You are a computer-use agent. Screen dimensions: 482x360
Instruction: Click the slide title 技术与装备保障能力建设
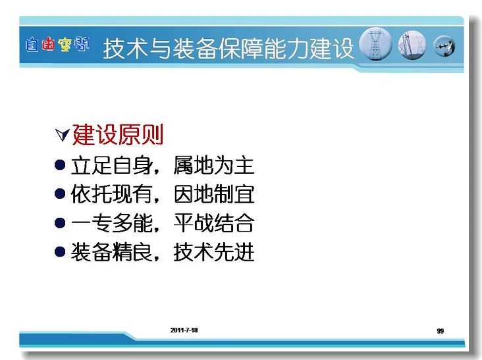228,49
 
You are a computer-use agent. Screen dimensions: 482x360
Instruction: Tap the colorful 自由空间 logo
57,45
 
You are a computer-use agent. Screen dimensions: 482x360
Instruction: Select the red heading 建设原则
118,134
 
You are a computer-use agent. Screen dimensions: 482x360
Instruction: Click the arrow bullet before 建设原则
63,134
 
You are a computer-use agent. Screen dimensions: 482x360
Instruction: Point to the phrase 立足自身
112,165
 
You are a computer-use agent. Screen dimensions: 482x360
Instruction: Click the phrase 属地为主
214,165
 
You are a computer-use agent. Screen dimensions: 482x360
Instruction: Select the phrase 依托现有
112,194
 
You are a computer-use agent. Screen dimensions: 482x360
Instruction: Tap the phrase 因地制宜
214,194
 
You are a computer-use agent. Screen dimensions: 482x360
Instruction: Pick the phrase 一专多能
112,222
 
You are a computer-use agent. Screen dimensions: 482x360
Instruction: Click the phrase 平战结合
214,222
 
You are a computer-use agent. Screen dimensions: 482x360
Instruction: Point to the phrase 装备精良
112,251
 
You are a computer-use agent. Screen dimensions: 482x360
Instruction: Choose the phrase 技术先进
214,251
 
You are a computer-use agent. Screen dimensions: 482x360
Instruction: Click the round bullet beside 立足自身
60,165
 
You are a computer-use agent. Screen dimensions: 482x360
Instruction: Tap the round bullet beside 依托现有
60,194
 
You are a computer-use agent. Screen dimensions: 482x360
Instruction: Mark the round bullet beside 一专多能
60,222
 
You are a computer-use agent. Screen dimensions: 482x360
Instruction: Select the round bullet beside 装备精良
60,251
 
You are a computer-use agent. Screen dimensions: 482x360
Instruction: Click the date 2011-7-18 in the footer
184,330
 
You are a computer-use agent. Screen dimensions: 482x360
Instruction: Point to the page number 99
441,331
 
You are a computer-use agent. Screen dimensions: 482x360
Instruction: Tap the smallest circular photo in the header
444,46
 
